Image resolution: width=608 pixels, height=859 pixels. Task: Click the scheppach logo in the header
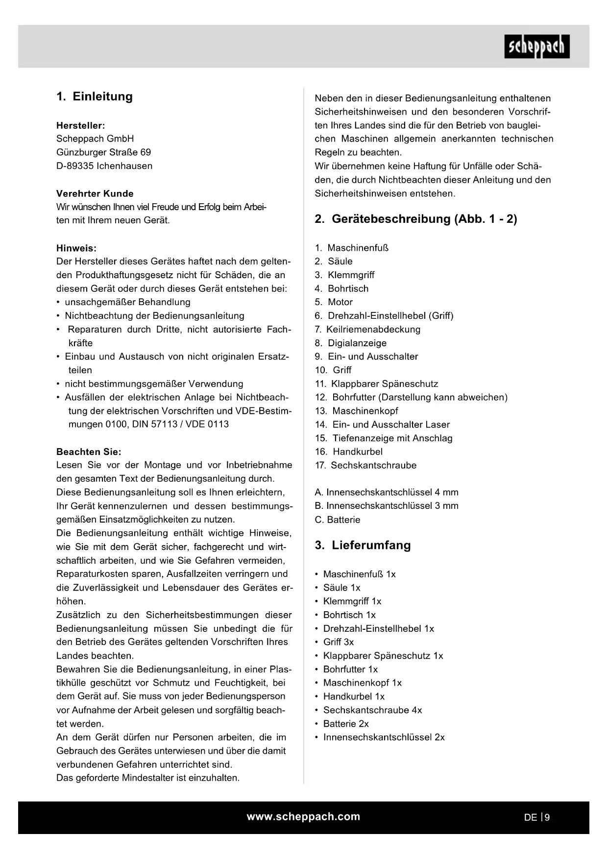point(536,47)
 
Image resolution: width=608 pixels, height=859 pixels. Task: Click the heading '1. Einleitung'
point(95,96)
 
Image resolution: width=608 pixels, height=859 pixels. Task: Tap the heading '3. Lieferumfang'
point(363,545)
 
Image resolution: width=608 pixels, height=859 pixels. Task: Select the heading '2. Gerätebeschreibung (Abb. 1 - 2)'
point(415,219)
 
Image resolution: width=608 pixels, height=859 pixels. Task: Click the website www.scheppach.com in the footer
point(303,816)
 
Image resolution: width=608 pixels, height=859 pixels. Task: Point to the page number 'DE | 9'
point(536,817)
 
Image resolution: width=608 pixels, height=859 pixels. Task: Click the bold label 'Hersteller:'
point(81,125)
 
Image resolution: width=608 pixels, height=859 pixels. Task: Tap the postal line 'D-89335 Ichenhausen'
point(104,166)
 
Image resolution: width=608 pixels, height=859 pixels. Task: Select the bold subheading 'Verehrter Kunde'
point(95,193)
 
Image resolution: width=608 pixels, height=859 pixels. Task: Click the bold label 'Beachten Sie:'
point(89,452)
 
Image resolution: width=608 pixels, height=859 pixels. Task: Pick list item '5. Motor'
point(334,302)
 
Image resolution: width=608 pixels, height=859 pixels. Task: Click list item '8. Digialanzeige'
point(351,343)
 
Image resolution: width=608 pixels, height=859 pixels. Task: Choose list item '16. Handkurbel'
point(349,452)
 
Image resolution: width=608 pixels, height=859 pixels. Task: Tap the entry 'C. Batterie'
point(338,520)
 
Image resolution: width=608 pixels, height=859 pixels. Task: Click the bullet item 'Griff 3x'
point(338,642)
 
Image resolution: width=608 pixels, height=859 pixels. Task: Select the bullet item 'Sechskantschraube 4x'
point(372,710)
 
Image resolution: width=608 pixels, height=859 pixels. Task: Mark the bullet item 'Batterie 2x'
point(346,723)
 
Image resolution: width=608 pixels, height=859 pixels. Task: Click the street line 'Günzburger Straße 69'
point(104,152)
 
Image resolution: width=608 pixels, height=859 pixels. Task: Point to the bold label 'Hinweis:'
point(76,248)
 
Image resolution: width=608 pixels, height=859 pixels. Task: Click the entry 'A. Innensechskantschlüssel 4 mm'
point(387,492)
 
